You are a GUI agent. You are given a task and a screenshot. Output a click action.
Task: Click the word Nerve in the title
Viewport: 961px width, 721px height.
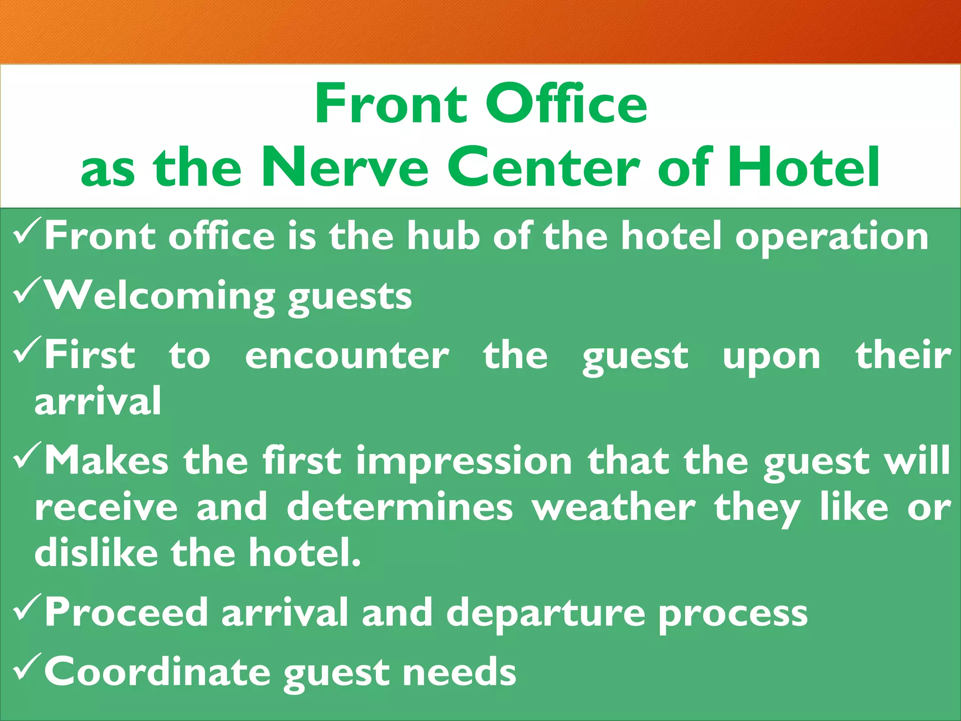click(345, 167)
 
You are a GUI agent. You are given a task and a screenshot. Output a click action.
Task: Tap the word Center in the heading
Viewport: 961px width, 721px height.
click(544, 167)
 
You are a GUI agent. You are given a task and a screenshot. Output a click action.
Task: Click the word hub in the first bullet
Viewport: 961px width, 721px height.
click(443, 236)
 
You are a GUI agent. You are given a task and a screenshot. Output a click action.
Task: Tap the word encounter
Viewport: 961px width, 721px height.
click(347, 356)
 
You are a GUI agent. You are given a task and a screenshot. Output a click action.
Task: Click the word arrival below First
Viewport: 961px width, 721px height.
click(98, 401)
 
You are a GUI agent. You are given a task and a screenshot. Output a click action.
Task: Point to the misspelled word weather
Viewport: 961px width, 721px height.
click(613, 507)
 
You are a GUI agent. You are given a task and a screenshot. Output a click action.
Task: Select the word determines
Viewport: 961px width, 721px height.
click(400, 507)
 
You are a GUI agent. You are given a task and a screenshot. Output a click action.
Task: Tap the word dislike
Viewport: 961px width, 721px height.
click(96, 552)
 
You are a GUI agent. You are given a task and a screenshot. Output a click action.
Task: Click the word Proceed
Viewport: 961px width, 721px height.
click(126, 613)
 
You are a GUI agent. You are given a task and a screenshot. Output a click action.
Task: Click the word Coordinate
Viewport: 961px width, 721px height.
click(157, 672)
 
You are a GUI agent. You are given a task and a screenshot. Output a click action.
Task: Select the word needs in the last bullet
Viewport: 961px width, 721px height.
click(459, 672)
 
